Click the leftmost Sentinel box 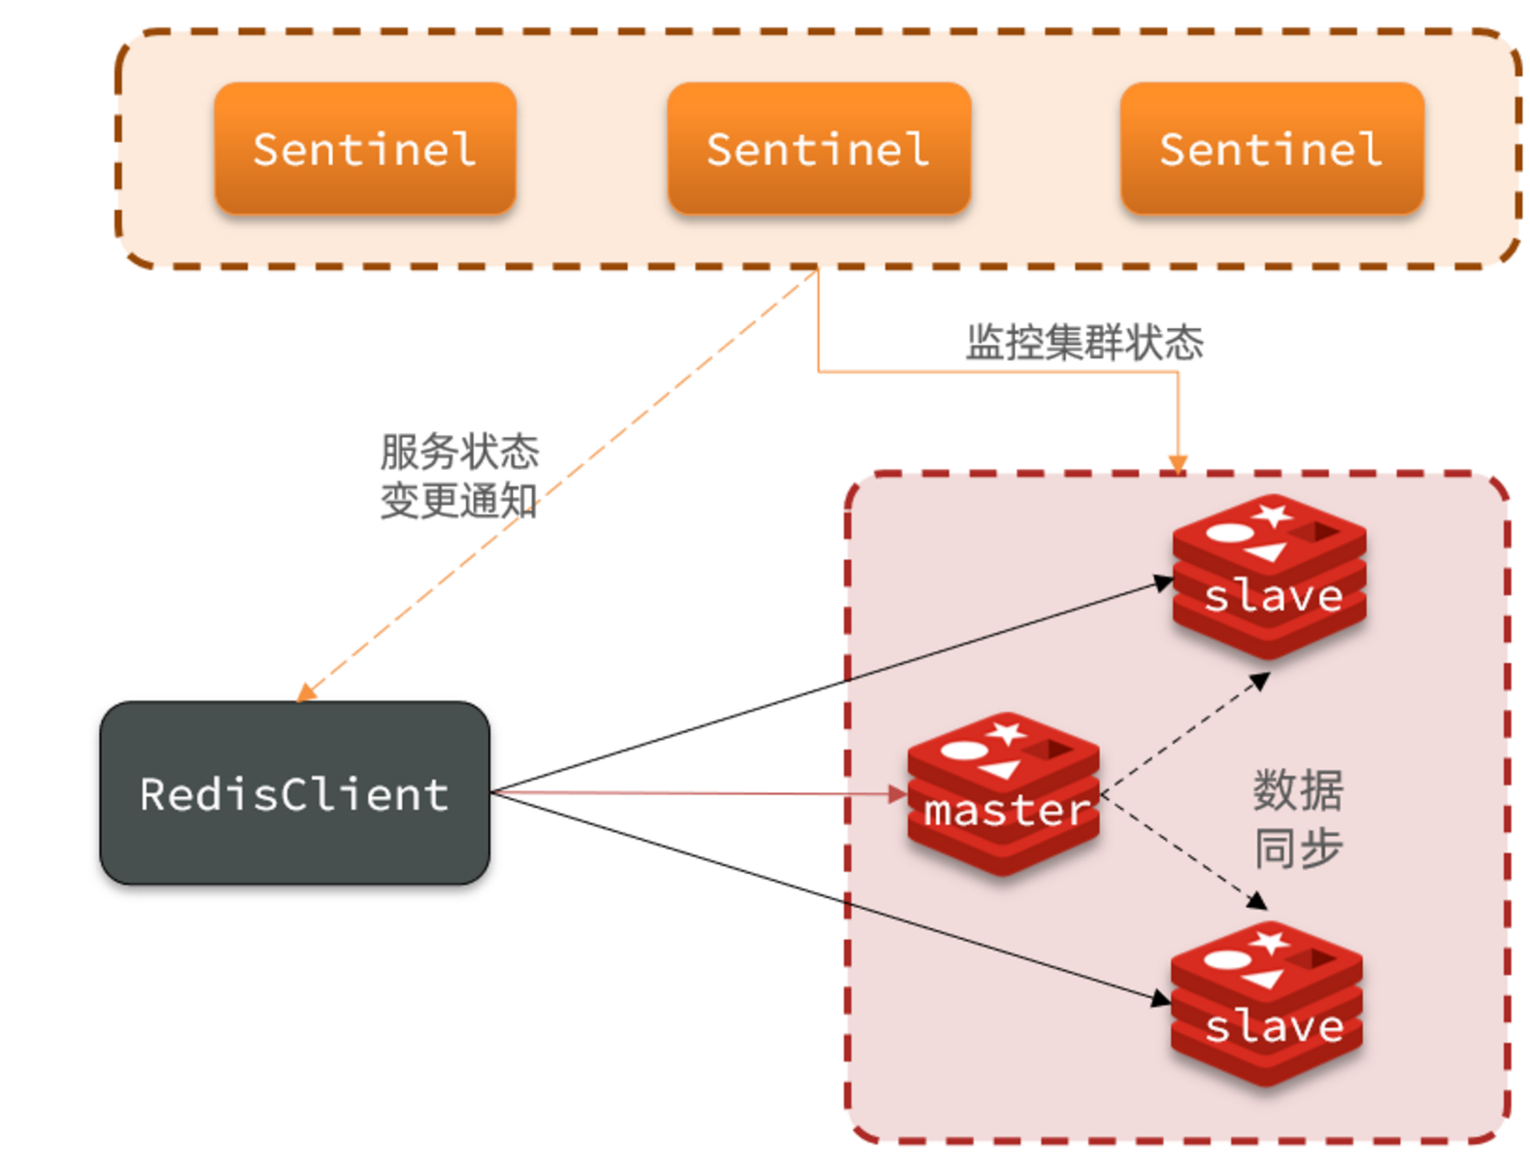pyautogui.click(x=364, y=149)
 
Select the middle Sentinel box pyautogui.click(x=818, y=149)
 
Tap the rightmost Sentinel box pyautogui.click(x=1272, y=149)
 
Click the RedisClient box pyautogui.click(x=294, y=793)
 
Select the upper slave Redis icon pyautogui.click(x=1270, y=579)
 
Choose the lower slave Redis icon pyautogui.click(x=1267, y=1006)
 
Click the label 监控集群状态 pyautogui.click(x=1084, y=343)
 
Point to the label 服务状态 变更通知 pyautogui.click(x=458, y=476)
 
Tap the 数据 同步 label pyautogui.click(x=1297, y=818)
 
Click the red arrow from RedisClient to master pyautogui.click(x=699, y=793)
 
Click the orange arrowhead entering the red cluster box pyautogui.click(x=1178, y=463)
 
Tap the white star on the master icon pyautogui.click(x=1007, y=731)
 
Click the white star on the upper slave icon pyautogui.click(x=1273, y=514)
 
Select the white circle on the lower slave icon pyautogui.click(x=1228, y=960)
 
